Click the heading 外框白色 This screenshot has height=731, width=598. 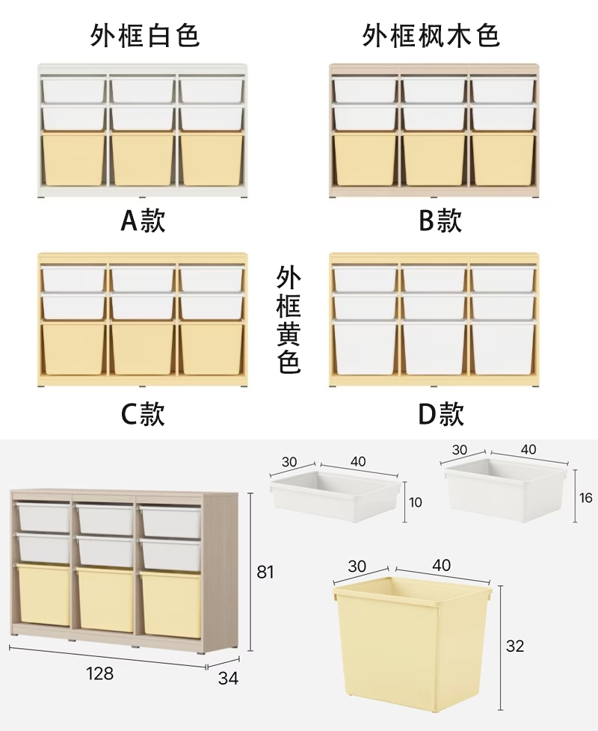[145, 34]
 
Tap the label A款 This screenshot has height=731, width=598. [143, 220]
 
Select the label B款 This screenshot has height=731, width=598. [440, 220]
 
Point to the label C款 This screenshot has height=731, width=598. [143, 413]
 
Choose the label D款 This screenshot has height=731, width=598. [440, 413]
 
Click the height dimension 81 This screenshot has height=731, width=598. [266, 573]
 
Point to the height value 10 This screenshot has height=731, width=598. [416, 502]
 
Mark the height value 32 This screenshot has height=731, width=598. [515, 647]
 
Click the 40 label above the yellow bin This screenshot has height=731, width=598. [441, 565]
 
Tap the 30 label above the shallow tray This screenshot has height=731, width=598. [289, 462]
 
